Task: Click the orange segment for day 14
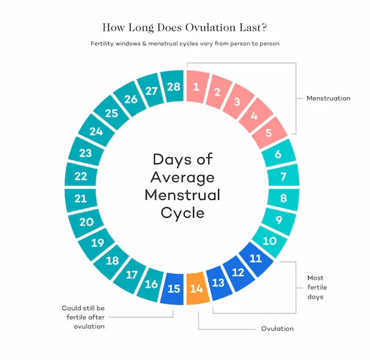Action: [196, 289]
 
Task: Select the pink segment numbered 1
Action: [196, 87]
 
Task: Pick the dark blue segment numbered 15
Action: [174, 289]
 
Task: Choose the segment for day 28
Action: [173, 87]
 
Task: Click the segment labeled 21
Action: [81, 199]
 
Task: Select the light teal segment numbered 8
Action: [283, 199]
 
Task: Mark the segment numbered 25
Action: [112, 113]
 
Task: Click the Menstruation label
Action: [328, 98]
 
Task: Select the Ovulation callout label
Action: [277, 329]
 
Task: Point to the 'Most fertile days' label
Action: [315, 288]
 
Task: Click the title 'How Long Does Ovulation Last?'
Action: [184, 27]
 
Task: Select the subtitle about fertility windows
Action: [184, 44]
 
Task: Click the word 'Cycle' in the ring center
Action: [182, 213]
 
